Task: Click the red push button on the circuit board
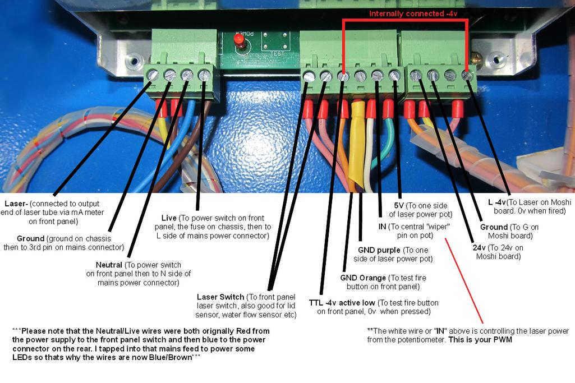238,40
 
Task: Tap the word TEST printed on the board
275,54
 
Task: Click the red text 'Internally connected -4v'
418,13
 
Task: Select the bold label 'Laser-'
17,203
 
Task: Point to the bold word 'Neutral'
109,265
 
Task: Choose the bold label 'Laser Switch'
220,297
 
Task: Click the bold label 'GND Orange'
363,278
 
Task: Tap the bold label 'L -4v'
497,202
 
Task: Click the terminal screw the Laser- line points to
152,75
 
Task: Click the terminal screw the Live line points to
204,75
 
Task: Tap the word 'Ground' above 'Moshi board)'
494,227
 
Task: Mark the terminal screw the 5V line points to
394,75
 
